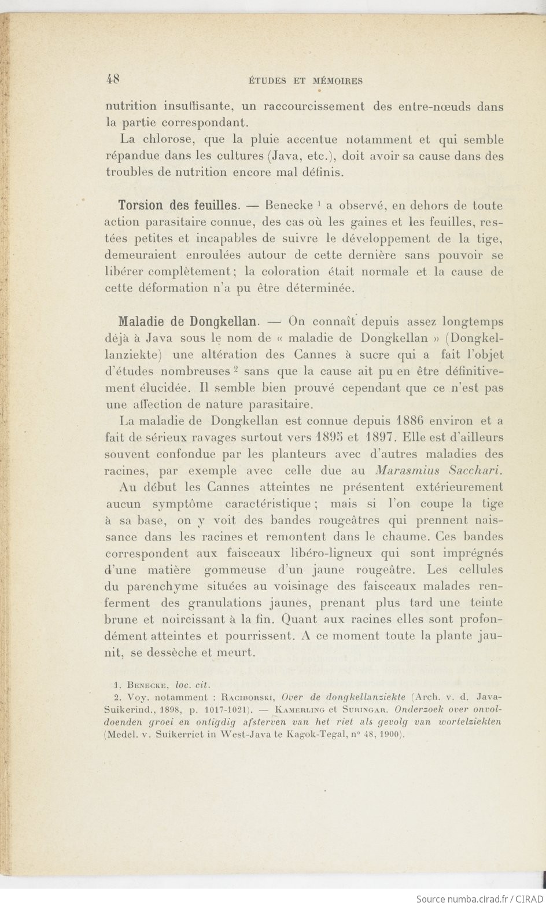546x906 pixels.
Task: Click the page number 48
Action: pyautogui.click(x=113, y=80)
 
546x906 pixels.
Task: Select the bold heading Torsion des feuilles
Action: pyautogui.click(x=178, y=205)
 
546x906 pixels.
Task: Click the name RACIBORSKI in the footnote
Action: pyautogui.click(x=245, y=697)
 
